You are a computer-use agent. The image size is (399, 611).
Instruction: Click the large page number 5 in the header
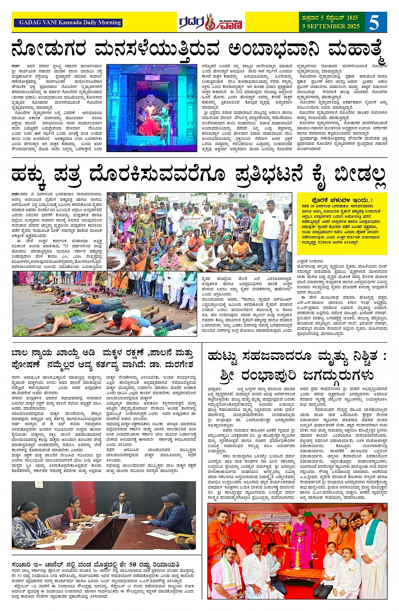(374, 22)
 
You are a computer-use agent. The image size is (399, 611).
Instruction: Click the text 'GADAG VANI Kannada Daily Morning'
(70, 23)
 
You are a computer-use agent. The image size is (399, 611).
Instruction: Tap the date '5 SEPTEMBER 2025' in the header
(331, 26)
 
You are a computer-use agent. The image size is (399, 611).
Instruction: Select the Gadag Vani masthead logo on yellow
(211, 22)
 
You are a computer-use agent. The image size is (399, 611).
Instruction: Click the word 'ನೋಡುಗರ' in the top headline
(48, 49)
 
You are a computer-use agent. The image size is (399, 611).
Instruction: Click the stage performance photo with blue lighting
(152, 108)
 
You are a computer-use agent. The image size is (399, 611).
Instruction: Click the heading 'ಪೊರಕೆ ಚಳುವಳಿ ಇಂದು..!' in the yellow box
(342, 200)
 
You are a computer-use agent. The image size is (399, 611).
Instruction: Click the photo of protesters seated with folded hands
(199, 232)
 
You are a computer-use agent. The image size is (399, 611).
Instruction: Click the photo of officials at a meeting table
(104, 515)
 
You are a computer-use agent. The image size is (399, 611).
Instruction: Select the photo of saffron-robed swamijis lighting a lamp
(297, 551)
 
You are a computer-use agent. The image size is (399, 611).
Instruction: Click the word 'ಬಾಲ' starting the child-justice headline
(20, 353)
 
